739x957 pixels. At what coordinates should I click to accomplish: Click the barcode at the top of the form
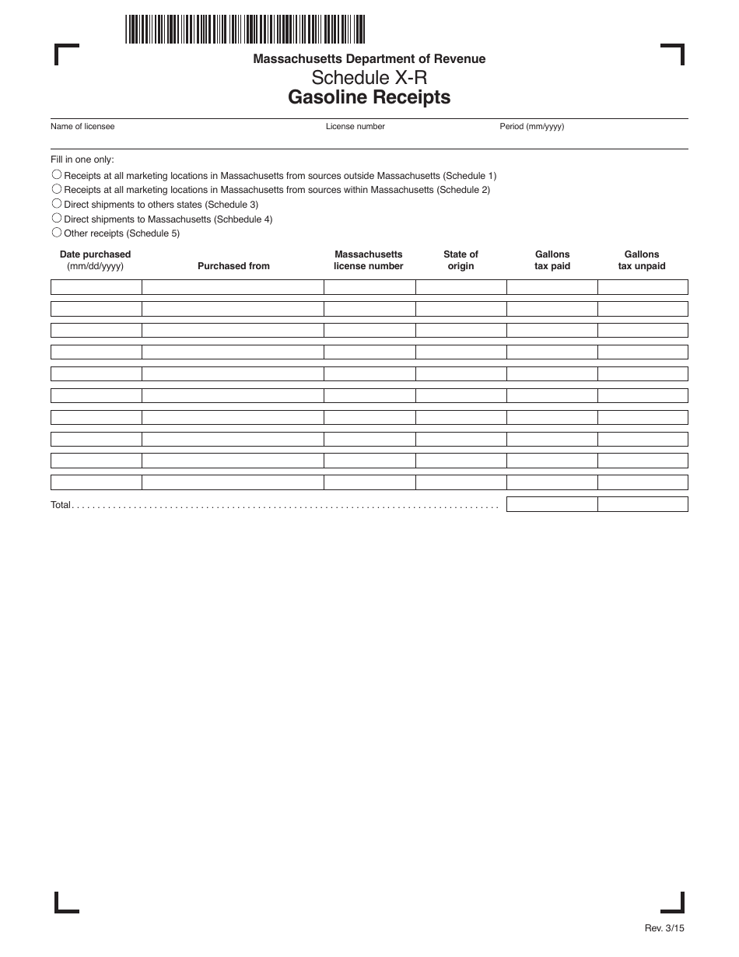coord(244,29)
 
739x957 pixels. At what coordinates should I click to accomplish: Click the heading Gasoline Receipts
coord(369,97)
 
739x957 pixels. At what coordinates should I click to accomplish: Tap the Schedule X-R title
coord(369,78)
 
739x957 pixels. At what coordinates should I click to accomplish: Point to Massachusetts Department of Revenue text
coord(369,59)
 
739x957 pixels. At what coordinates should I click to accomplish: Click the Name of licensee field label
coord(82,126)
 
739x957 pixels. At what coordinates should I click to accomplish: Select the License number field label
coord(355,126)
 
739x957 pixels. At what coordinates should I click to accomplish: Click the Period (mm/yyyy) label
coord(531,126)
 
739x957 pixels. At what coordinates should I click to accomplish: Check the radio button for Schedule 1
coord(57,175)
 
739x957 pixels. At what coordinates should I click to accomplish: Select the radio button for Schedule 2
coord(57,189)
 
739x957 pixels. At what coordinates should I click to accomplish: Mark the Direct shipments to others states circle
coord(57,204)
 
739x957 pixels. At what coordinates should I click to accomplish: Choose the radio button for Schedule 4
coord(57,219)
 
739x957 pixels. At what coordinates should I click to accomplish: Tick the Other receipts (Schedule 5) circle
coord(57,233)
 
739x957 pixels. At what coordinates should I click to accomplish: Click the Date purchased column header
coord(95,260)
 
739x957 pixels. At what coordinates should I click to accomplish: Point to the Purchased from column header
coord(233,266)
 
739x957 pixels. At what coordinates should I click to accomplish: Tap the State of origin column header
coord(461,260)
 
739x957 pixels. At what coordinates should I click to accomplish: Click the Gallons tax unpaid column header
coord(642,260)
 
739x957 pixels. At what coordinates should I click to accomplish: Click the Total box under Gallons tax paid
coord(552,504)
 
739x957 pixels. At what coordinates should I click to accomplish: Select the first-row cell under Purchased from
coord(233,287)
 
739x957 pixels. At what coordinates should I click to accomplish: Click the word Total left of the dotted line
coord(61,505)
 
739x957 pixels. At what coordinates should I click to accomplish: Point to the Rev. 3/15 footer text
coord(664,927)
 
